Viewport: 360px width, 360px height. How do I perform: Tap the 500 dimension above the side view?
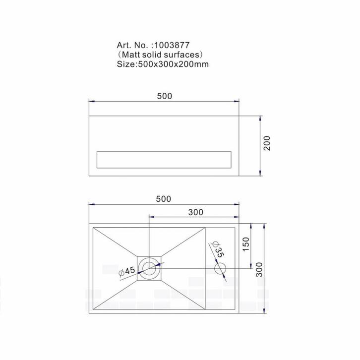pos(164,96)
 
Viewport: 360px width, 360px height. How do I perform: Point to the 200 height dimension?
pos(267,144)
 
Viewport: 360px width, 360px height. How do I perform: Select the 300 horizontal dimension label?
pos(196,212)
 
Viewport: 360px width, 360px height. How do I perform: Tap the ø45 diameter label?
pos(127,272)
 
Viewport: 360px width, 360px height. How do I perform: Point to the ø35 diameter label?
pos(217,248)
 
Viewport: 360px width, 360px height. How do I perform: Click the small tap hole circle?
pos(220,268)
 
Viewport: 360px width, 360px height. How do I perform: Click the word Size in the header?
pos(125,63)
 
